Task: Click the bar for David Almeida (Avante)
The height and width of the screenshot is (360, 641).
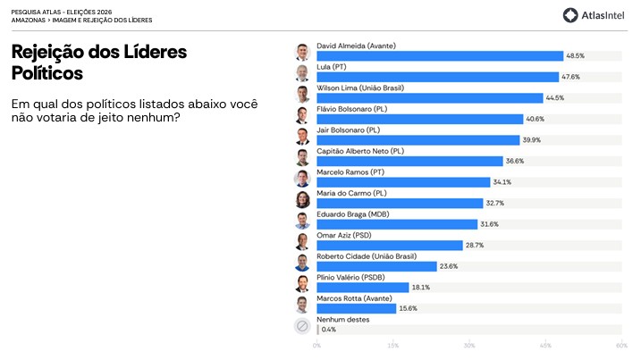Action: point(440,56)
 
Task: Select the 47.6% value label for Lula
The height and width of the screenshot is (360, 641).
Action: point(570,77)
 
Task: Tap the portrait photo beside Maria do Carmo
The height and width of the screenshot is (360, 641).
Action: point(302,199)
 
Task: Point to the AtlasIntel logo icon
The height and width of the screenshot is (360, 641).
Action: point(570,15)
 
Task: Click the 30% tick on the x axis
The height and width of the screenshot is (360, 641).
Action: point(469,346)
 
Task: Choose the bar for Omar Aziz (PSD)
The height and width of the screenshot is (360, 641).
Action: point(390,245)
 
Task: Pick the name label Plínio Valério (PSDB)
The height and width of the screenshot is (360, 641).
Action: point(350,278)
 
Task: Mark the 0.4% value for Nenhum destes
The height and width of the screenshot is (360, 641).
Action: point(329,330)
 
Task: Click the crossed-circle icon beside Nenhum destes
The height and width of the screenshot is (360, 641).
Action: point(302,326)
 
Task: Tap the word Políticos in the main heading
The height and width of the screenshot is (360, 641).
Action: point(47,73)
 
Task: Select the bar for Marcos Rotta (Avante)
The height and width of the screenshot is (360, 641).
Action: point(357,308)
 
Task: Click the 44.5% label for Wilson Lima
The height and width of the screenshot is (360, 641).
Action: point(555,98)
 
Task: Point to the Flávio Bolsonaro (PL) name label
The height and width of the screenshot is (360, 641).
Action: point(352,109)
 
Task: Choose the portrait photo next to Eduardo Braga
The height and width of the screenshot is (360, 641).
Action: point(302,221)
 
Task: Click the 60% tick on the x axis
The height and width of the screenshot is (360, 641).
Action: point(622,346)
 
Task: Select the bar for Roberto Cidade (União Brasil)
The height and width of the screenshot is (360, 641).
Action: point(377,266)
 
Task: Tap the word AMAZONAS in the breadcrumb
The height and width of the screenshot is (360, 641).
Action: point(29,20)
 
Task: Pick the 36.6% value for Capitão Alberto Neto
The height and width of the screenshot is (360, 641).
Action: point(515,161)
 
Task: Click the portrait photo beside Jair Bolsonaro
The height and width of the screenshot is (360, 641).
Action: point(302,137)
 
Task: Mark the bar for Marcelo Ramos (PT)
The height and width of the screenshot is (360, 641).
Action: point(403,182)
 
